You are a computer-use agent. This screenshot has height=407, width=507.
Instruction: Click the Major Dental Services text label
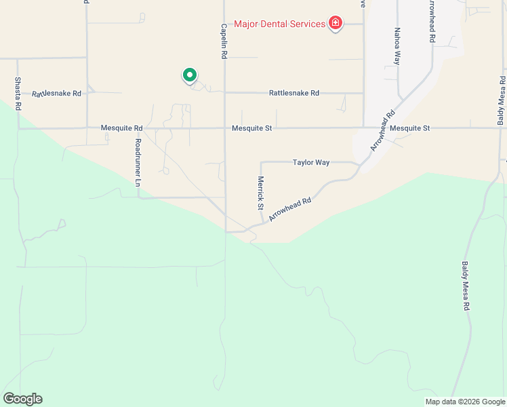(x=279, y=24)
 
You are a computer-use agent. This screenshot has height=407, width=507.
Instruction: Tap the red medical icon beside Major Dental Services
(x=335, y=24)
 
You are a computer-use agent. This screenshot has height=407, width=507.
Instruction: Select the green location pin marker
(x=190, y=75)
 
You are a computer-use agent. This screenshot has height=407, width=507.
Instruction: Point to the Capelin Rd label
(x=223, y=41)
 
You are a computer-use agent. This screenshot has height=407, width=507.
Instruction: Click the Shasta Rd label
(x=18, y=93)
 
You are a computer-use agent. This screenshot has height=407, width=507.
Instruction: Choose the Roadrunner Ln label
(x=138, y=162)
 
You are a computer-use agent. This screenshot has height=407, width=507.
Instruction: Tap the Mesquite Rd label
(x=121, y=128)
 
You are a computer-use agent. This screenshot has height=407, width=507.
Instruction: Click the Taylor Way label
(x=311, y=162)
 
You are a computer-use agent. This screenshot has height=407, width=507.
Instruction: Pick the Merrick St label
(x=260, y=193)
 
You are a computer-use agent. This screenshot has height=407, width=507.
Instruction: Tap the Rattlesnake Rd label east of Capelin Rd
(x=293, y=93)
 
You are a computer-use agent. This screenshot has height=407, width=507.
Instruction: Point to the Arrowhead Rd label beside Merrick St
(x=289, y=209)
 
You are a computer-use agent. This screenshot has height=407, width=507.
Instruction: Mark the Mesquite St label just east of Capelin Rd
(x=251, y=128)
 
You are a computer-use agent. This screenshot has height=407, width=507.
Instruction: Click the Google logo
(x=22, y=399)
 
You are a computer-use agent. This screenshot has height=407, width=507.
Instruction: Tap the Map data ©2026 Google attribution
(x=465, y=402)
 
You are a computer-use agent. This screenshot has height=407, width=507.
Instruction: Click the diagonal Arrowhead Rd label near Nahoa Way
(x=382, y=130)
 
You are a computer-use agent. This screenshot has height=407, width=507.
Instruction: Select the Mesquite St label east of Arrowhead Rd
(x=410, y=128)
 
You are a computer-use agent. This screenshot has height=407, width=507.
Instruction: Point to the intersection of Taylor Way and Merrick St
(x=261, y=163)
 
